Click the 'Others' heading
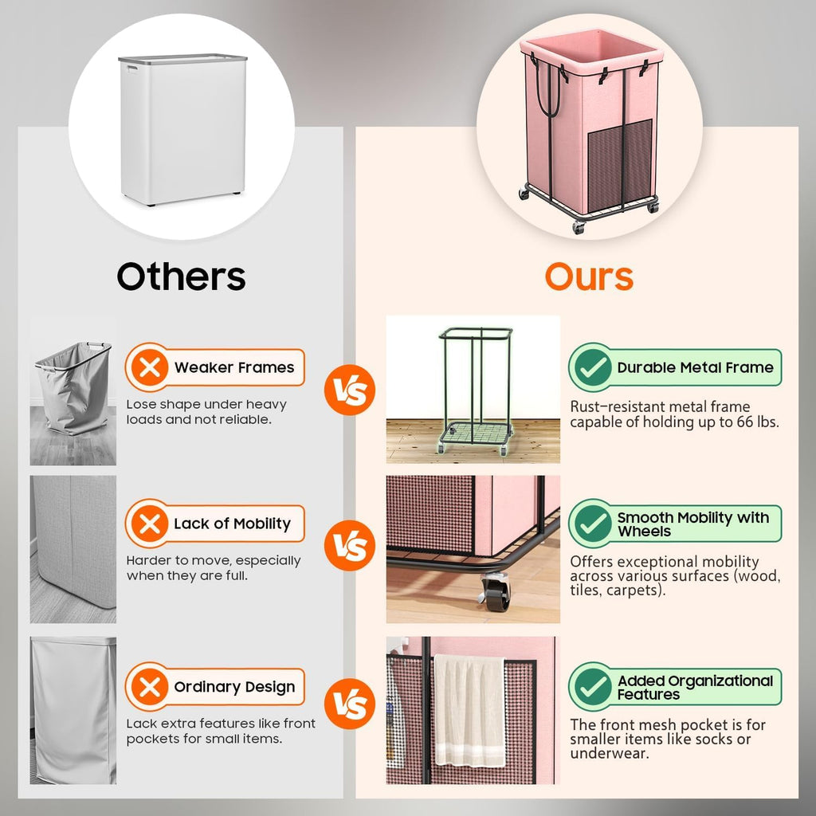[181, 277]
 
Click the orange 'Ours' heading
[589, 277]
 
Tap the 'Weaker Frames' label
[233, 367]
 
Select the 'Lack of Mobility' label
[232, 524]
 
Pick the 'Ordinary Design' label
[234, 687]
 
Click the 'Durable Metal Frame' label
[695, 367]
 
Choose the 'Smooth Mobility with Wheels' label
[692, 524]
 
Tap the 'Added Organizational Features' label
[695, 687]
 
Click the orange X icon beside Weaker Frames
[148, 367]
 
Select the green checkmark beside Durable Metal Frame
[591, 367]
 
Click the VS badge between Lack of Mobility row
[349, 547]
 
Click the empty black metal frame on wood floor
[475, 390]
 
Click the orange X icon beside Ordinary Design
[148, 687]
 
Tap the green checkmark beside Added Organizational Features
[591, 687]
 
